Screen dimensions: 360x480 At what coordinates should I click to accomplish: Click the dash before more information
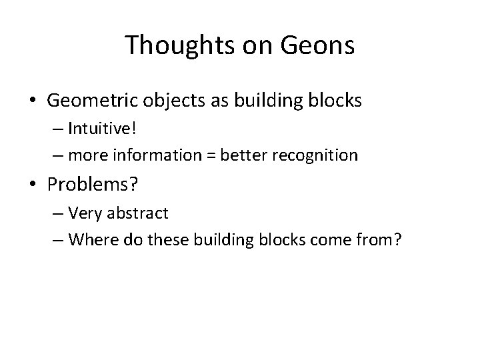tap(55, 157)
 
